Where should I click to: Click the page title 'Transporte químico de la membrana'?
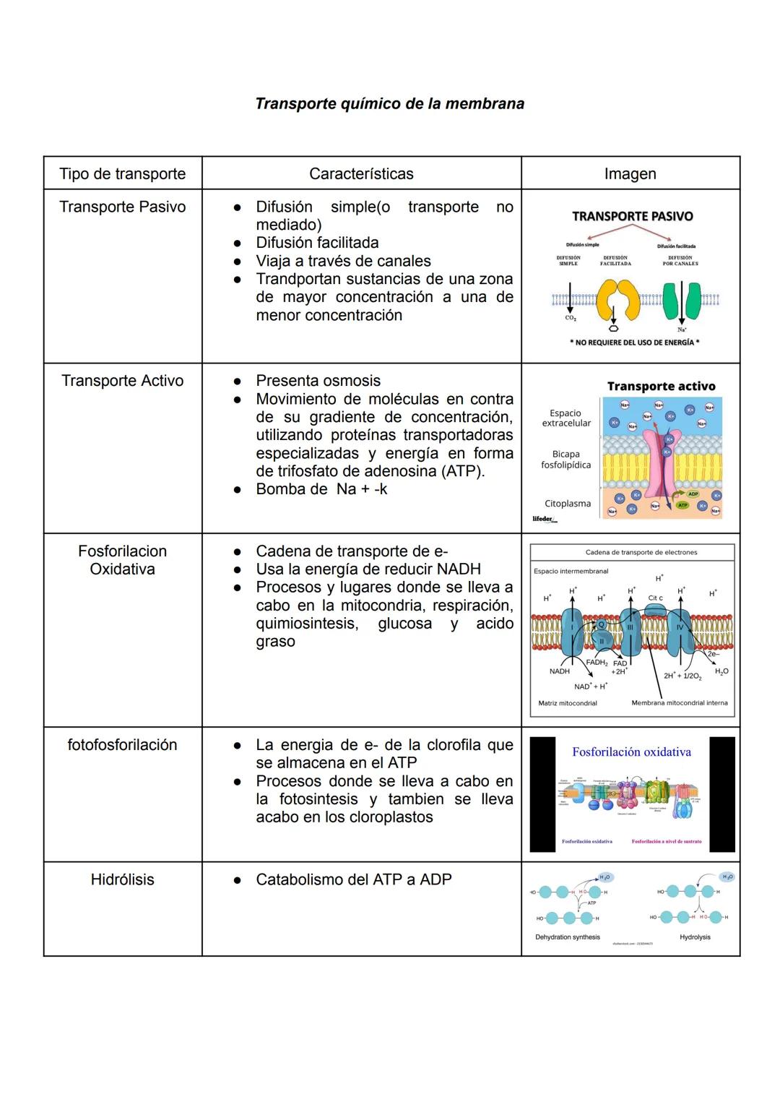[389, 103]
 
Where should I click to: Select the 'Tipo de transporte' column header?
[122, 173]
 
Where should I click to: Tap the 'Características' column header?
[361, 173]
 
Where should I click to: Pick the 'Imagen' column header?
[630, 173]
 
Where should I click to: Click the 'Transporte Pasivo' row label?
[122, 207]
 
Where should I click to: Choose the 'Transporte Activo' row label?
[122, 381]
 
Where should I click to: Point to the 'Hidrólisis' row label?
[122, 879]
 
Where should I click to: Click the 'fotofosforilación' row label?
[122, 745]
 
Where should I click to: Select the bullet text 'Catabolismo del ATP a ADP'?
[353, 879]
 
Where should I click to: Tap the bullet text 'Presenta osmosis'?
[318, 381]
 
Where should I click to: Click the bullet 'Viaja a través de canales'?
[343, 261]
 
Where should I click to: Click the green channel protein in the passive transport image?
[680, 300]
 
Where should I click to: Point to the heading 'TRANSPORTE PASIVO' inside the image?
[632, 216]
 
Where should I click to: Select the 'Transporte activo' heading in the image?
[661, 386]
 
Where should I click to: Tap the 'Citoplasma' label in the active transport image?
[567, 504]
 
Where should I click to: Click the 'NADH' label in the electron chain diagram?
[559, 671]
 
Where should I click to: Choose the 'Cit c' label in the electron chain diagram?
[655, 598]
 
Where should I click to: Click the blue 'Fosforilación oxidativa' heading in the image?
[631, 752]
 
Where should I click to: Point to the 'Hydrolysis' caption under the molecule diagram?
[695, 937]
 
